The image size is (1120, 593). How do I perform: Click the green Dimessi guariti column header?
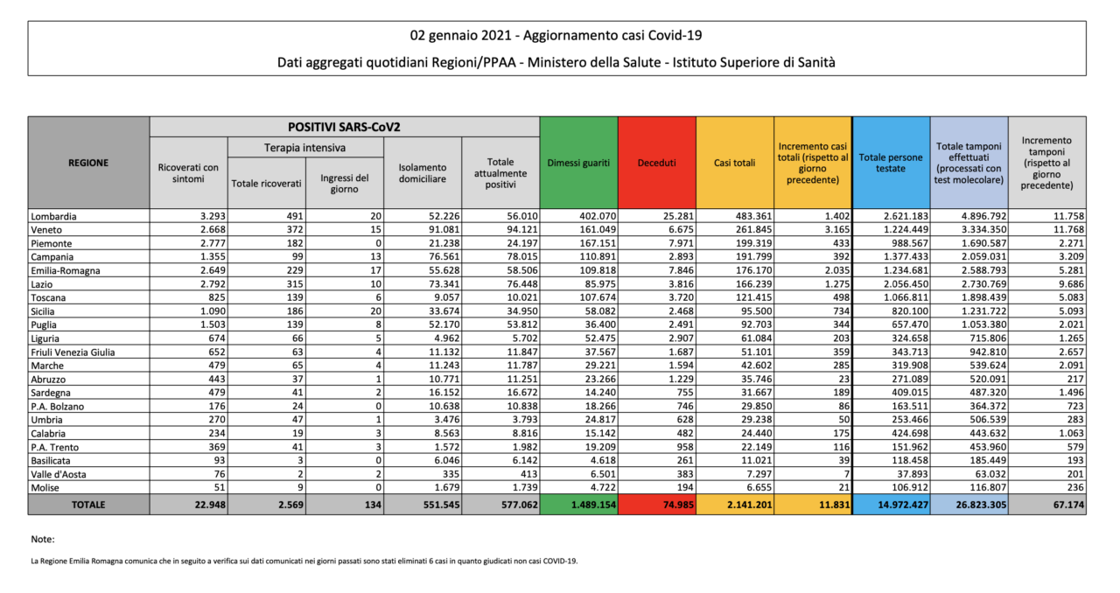pyautogui.click(x=578, y=163)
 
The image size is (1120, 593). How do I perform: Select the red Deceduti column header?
pyautogui.click(x=656, y=163)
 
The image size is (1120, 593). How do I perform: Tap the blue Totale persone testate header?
pyautogui.click(x=891, y=163)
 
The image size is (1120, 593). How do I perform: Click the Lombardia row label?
pyautogui.click(x=53, y=217)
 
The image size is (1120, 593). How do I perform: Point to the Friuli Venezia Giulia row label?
pyautogui.click(x=73, y=352)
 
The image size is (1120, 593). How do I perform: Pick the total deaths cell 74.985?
pyautogui.click(x=678, y=505)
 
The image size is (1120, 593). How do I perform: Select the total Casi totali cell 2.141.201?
pyautogui.click(x=750, y=505)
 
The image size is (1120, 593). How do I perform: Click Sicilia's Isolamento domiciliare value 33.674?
pyautogui.click(x=444, y=311)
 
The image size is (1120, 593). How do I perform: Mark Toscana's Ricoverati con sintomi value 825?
pyautogui.click(x=216, y=297)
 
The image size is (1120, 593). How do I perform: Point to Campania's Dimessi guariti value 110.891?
pyautogui.click(x=598, y=257)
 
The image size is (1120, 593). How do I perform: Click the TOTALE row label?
pyautogui.click(x=88, y=505)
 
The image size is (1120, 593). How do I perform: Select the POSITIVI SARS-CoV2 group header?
pyautogui.click(x=344, y=127)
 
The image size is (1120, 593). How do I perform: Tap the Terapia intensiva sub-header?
pyautogui.click(x=305, y=148)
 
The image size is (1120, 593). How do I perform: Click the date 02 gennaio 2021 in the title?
pyautogui.click(x=460, y=36)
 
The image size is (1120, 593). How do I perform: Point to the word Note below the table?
pyautogui.click(x=43, y=539)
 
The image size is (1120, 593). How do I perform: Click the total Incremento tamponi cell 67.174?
pyautogui.click(x=1068, y=505)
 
